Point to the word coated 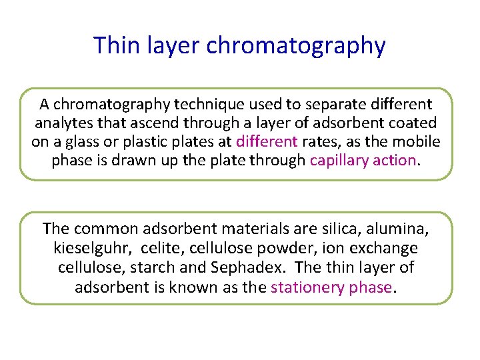(x=413, y=123)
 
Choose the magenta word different (x=267, y=142)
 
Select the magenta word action (x=395, y=161)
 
